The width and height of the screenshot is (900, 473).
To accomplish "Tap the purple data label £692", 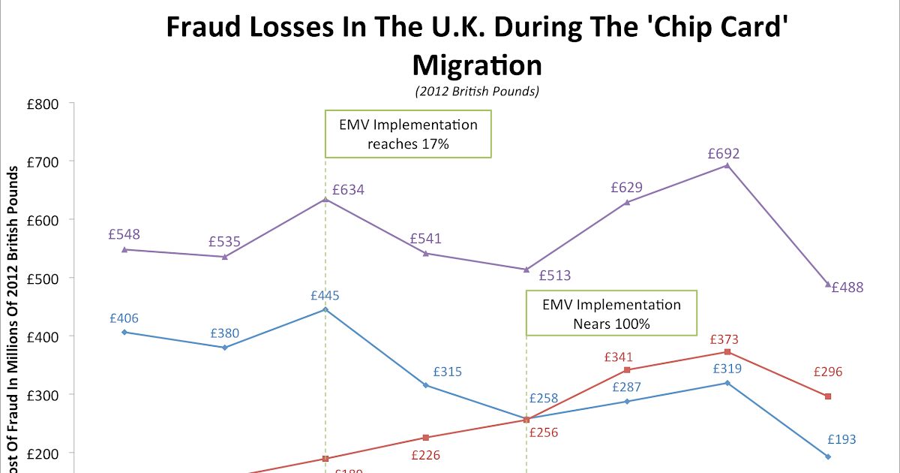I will pyautogui.click(x=724, y=154).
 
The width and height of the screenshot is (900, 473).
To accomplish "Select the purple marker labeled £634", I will pyautogui.click(x=325, y=200).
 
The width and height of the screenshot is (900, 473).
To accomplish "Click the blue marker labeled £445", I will pyautogui.click(x=325, y=309).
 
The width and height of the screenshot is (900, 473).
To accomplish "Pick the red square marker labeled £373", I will pyautogui.click(x=727, y=352).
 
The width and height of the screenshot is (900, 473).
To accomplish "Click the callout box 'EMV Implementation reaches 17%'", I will pyautogui.click(x=408, y=134).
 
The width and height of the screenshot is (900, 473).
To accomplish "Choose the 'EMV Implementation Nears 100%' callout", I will pyautogui.click(x=611, y=314).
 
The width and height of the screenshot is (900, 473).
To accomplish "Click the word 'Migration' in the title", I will pyautogui.click(x=477, y=65).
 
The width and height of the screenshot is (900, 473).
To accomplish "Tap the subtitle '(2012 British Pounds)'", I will pyautogui.click(x=477, y=92).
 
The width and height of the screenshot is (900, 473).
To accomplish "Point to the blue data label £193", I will pyautogui.click(x=841, y=440).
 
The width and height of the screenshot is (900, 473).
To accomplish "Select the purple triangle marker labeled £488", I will pyautogui.click(x=828, y=285).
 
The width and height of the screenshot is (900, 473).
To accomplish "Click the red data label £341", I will pyautogui.click(x=619, y=357).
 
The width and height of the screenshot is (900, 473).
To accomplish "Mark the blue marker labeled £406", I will pyautogui.click(x=124, y=332).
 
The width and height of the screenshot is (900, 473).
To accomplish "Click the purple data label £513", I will pyautogui.click(x=555, y=276).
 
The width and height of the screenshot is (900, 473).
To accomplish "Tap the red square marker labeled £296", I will pyautogui.click(x=828, y=396).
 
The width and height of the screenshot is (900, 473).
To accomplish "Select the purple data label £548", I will pyautogui.click(x=124, y=234).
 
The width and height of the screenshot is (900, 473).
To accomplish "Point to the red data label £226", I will pyautogui.click(x=425, y=455).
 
